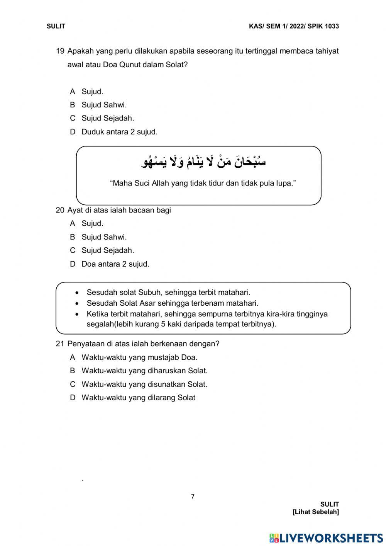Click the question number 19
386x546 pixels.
tap(60, 51)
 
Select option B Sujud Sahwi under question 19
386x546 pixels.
tap(103, 105)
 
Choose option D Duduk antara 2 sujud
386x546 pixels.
tap(119, 132)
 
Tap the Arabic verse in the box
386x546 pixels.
tap(203, 162)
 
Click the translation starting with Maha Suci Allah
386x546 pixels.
tap(203, 183)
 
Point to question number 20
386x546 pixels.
tap(60, 210)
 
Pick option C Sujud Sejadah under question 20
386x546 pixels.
tap(107, 250)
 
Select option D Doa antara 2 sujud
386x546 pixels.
tap(115, 264)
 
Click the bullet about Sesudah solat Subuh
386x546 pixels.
tap(168, 293)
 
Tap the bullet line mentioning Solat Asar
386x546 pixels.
tap(172, 303)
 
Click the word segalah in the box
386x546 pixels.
tap(100, 324)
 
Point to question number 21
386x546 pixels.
tap(60, 344)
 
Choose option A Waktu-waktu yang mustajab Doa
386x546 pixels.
tap(139, 357)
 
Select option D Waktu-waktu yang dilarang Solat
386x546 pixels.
tap(138, 398)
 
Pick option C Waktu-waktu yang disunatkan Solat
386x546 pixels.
tap(144, 384)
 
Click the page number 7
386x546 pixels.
tap(193, 497)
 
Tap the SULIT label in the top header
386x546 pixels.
tap(56, 26)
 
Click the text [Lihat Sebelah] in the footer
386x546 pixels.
tap(315, 512)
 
